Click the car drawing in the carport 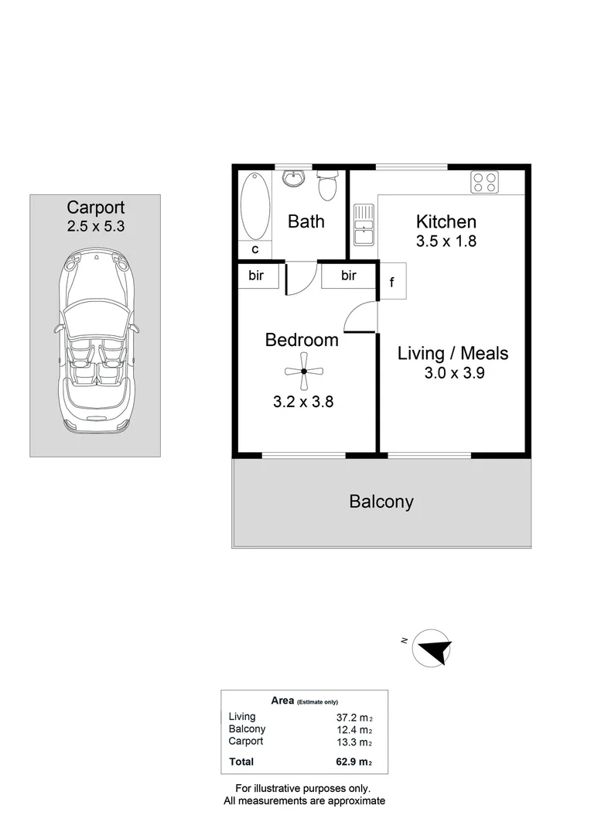click(95, 340)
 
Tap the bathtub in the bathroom click(255, 206)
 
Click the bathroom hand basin click(292, 178)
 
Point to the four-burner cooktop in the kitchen click(484, 181)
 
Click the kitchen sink click(364, 225)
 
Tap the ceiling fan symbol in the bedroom click(303, 372)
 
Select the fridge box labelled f click(393, 281)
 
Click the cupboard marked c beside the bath click(255, 249)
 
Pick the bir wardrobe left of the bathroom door click(258, 276)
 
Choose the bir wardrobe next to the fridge click(349, 276)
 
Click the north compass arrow click(434, 649)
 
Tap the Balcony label click(381, 502)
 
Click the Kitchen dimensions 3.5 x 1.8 click(446, 241)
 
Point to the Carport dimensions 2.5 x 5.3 click(96, 226)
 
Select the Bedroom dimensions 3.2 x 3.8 click(303, 402)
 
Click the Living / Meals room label click(453, 353)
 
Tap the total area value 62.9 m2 click(354, 762)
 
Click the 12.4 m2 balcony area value click(354, 730)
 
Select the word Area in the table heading click(282, 701)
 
